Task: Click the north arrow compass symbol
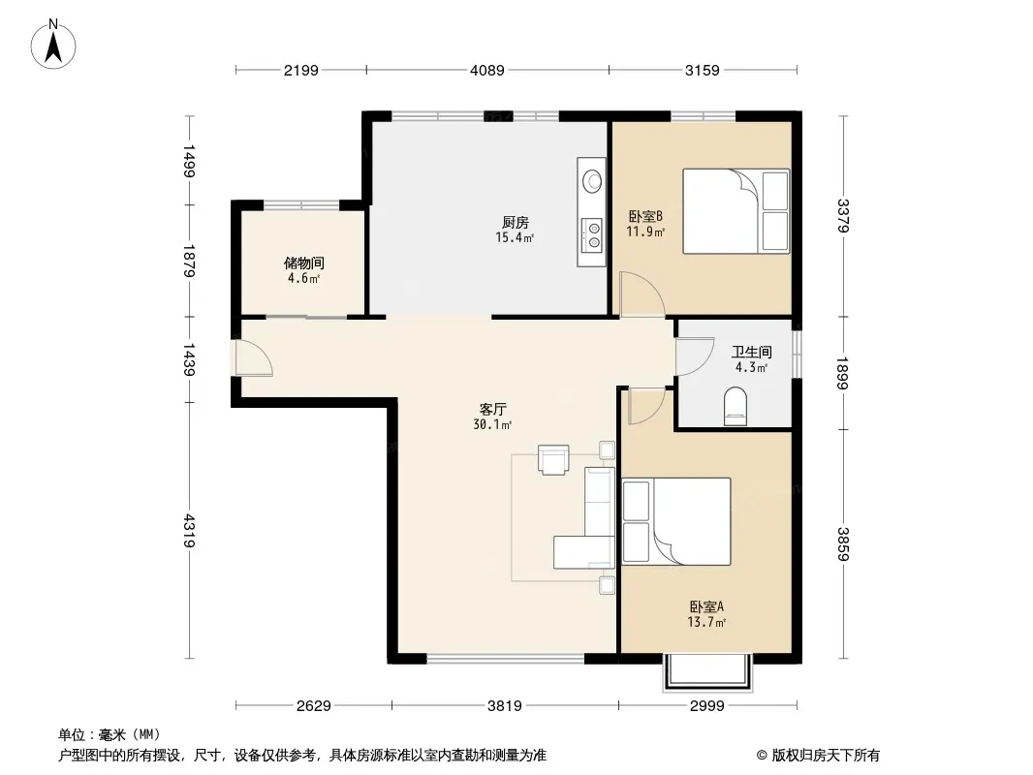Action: tap(53, 44)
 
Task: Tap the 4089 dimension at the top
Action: tap(487, 70)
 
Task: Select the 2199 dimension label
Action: tap(301, 70)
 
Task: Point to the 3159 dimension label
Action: tap(703, 70)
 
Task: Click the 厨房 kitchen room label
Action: tap(516, 223)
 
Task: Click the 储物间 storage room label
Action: tap(303, 263)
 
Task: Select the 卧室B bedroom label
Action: tap(645, 216)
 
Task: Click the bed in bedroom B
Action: tap(736, 211)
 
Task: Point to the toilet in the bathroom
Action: tap(736, 406)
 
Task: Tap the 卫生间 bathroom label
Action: tap(752, 353)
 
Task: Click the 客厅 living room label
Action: tap(493, 410)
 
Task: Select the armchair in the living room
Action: tap(553, 459)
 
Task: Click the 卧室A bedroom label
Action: tap(706, 606)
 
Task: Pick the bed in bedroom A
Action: tap(676, 521)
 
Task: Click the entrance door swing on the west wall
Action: tap(253, 358)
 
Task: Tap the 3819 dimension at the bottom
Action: tap(505, 706)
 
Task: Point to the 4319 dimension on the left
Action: tap(189, 531)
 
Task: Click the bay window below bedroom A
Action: tap(707, 673)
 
